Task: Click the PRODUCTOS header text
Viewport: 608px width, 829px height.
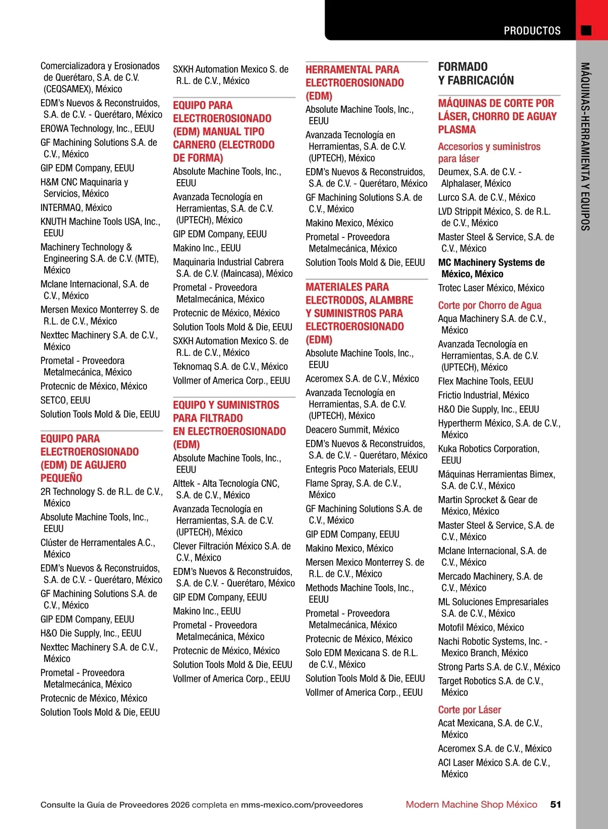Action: pyautogui.click(x=532, y=31)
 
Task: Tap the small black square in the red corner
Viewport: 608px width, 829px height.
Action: pyautogui.click(x=586, y=30)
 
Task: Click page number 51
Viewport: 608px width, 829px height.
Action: pyautogui.click(x=555, y=804)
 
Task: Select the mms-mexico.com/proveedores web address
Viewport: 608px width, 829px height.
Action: pyautogui.click(x=302, y=805)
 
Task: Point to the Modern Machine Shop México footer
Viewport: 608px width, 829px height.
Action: pyautogui.click(x=471, y=804)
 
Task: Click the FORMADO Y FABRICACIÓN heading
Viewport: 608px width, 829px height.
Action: pyautogui.click(x=476, y=73)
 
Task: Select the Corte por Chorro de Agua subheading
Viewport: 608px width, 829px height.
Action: pyautogui.click(x=489, y=305)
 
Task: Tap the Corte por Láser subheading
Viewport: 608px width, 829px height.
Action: pyautogui.click(x=469, y=710)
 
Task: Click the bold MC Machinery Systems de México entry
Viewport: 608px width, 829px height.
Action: pyautogui.click(x=491, y=268)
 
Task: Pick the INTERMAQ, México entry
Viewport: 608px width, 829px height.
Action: pyautogui.click(x=76, y=208)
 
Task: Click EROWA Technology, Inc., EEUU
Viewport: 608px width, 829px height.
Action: pyautogui.click(x=97, y=129)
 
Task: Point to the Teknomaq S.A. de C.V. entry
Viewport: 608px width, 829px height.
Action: pyautogui.click(x=230, y=366)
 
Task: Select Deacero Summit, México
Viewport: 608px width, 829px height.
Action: pyautogui.click(x=352, y=430)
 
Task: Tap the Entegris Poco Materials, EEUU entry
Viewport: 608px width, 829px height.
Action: pyautogui.click(x=361, y=469)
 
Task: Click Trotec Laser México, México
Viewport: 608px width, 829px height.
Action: pyautogui.click(x=491, y=288)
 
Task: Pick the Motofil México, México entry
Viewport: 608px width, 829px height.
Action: pyautogui.click(x=481, y=627)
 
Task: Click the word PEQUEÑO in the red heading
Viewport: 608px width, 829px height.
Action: pyautogui.click(x=61, y=478)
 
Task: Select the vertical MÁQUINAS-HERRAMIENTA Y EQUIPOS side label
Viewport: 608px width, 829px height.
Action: pyautogui.click(x=585, y=147)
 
